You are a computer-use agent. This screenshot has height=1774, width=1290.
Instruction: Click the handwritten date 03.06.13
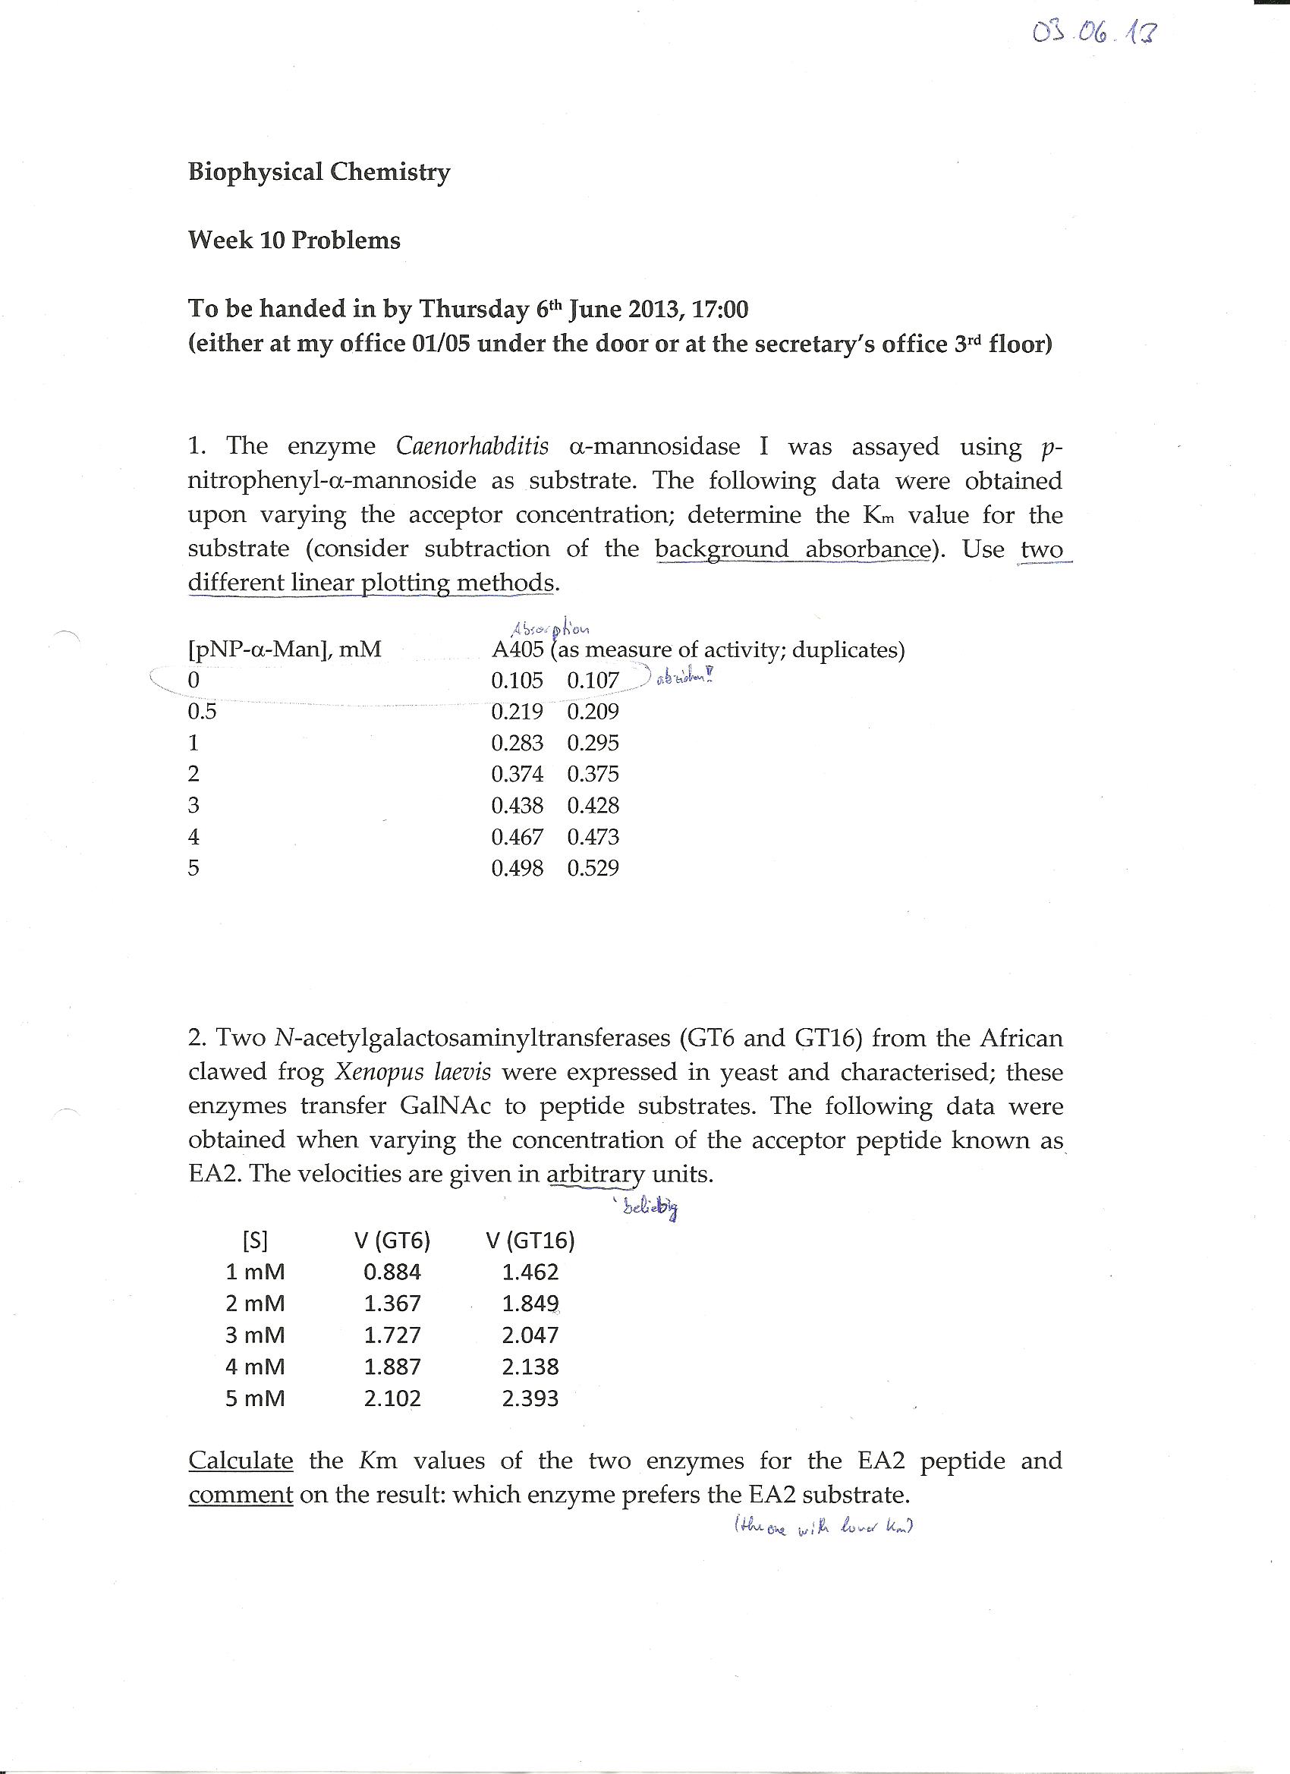(x=1093, y=34)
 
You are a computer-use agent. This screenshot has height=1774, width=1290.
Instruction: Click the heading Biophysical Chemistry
(x=319, y=171)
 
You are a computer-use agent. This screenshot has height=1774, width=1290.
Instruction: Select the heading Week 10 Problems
(x=294, y=240)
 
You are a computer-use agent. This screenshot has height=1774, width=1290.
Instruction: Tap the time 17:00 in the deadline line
(x=719, y=309)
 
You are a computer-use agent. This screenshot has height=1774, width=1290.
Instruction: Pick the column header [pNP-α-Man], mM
(x=285, y=650)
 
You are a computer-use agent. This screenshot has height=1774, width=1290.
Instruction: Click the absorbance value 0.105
(x=516, y=681)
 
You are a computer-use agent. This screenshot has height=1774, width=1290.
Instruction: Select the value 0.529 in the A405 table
(x=593, y=868)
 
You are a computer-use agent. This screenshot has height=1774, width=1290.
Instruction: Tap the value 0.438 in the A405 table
(x=516, y=806)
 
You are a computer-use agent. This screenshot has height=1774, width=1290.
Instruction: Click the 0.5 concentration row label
(x=202, y=712)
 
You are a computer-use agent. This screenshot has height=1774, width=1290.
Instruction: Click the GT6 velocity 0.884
(x=392, y=1272)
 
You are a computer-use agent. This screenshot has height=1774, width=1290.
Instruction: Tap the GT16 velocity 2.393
(x=530, y=1398)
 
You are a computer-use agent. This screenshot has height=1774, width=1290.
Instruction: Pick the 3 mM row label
(x=255, y=1335)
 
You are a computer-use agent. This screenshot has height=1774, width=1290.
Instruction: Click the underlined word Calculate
(x=241, y=1461)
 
